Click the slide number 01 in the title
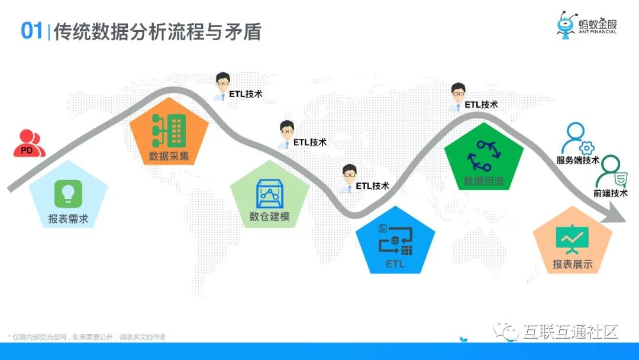(32, 31)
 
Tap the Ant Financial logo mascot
(566, 25)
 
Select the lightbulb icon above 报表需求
(68, 193)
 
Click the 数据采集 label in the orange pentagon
(169, 157)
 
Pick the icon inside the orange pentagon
(169, 130)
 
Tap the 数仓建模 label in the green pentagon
(270, 216)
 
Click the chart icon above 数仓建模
(270, 192)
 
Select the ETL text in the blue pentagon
(395, 264)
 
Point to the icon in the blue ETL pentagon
(395, 240)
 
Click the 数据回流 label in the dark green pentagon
(484, 181)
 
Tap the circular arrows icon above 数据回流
(484, 155)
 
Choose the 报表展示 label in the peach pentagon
(573, 264)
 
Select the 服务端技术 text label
(578, 160)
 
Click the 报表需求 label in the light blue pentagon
(68, 219)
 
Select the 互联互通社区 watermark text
(570, 332)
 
